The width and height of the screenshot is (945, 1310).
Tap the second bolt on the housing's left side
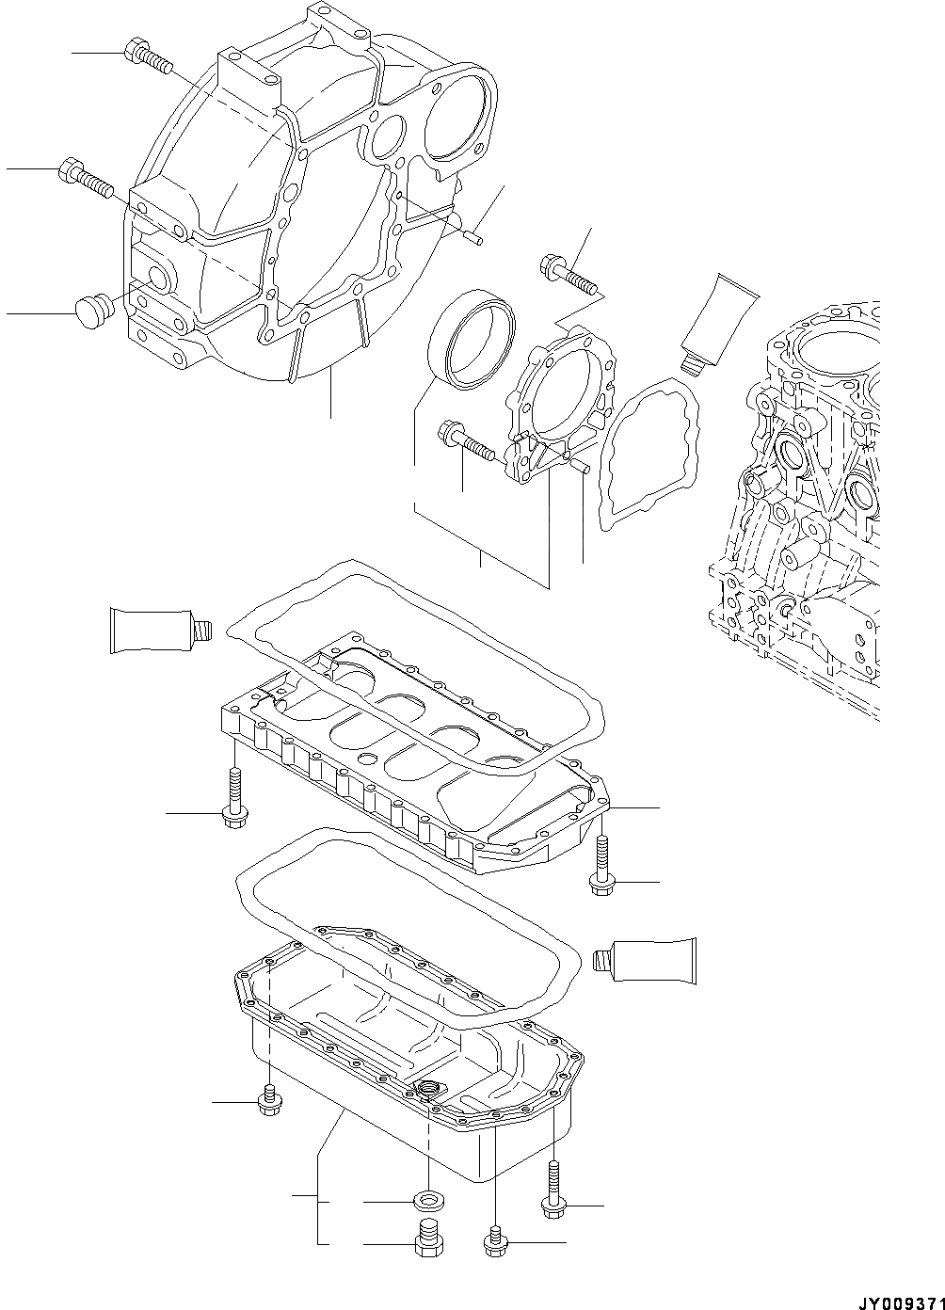point(89,177)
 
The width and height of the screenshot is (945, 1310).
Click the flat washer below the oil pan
point(429,1201)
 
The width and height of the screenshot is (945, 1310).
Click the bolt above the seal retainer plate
point(569,273)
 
